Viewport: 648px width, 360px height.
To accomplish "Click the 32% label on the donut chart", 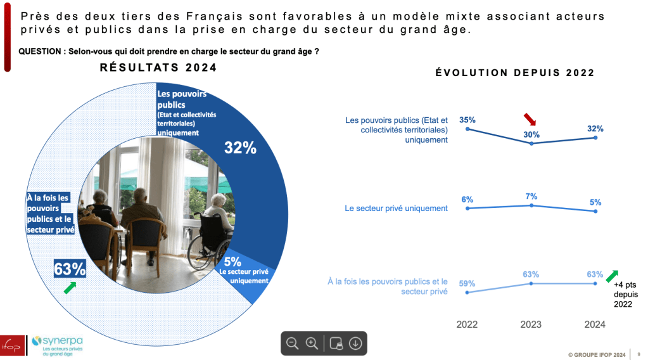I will [240, 148].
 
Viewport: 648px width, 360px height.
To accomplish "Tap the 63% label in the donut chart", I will [70, 269].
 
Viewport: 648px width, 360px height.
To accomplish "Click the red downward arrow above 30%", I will [530, 120].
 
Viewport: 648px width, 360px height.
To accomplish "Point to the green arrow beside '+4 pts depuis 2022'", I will [613, 275].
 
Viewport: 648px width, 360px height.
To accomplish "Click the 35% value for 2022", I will [467, 119].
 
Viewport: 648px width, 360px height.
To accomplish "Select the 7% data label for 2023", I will [531, 196].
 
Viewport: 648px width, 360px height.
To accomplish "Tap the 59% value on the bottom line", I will [467, 283].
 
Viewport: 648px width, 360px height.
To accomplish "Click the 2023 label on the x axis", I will [531, 324].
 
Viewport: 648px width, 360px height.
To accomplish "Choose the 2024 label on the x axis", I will [594, 324].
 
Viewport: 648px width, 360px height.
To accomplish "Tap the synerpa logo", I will [58, 345].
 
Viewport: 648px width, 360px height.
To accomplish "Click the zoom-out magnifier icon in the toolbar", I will [292, 343].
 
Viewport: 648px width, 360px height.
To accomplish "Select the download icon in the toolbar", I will [355, 343].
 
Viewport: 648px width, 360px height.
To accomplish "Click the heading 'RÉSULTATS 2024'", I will [158, 68].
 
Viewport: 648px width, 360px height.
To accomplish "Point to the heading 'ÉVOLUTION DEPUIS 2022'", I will [515, 73].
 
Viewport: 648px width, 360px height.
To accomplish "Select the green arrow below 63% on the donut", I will [70, 288].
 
